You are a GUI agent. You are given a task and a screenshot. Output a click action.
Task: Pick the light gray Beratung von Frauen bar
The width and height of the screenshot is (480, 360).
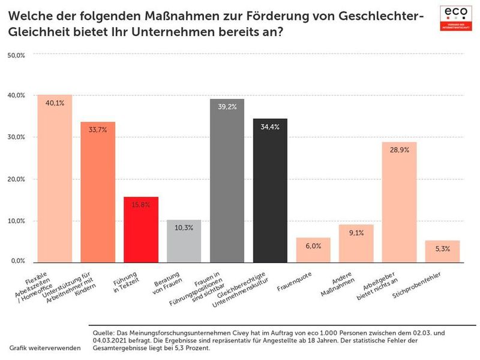(184, 241)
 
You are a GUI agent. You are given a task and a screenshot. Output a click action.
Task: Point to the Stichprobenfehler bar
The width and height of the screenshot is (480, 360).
(443, 251)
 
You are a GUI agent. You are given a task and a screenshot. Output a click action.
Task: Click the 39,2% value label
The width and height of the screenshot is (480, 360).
(227, 107)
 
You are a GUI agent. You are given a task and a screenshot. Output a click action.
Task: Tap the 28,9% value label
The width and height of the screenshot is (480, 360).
(399, 150)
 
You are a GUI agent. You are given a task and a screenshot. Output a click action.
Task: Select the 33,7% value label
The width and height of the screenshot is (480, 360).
(98, 130)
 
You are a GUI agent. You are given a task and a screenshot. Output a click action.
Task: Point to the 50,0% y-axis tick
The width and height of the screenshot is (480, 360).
(16, 55)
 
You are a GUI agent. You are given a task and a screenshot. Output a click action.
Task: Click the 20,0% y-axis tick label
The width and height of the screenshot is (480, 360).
(16, 179)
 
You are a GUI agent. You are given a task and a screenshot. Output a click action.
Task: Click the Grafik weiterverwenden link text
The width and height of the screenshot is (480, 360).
(44, 348)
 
